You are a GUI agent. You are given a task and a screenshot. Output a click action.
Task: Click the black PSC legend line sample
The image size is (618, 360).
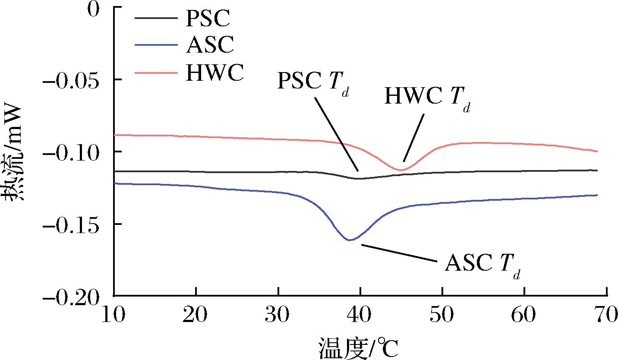pyautogui.click(x=155, y=18)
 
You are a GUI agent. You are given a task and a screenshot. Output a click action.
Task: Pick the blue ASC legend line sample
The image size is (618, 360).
pyautogui.click(x=155, y=44)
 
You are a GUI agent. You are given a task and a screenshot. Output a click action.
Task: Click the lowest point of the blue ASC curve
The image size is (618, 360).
pyautogui.click(x=350, y=240)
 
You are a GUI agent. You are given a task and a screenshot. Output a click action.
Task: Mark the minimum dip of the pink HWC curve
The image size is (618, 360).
pyautogui.click(x=401, y=170)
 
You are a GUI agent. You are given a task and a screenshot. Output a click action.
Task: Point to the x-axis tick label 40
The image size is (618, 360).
pyautogui.click(x=360, y=316)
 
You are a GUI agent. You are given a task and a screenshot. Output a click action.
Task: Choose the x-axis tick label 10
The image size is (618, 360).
pyautogui.click(x=114, y=316)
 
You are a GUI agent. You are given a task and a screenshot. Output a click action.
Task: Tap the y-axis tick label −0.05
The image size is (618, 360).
pyautogui.click(x=72, y=80)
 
